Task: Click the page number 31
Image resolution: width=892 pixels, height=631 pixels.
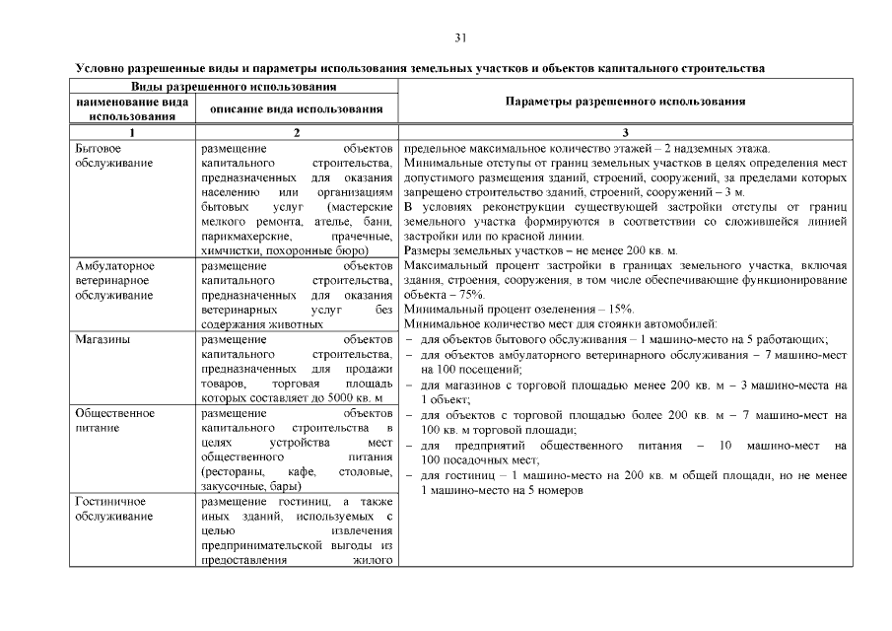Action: coord(460,37)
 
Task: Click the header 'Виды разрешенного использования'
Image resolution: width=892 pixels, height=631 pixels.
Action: coord(233,87)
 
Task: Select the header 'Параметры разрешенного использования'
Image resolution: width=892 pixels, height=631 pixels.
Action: coord(625,102)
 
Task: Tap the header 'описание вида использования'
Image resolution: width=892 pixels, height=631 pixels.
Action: coord(297,108)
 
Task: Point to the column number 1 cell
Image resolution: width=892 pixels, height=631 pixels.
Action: coord(131,132)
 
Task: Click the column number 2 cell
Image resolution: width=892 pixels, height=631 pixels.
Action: coord(297,132)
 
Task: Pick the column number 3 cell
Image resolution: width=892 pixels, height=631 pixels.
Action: coord(625,132)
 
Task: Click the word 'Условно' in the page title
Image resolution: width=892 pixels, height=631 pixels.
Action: coord(101,69)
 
